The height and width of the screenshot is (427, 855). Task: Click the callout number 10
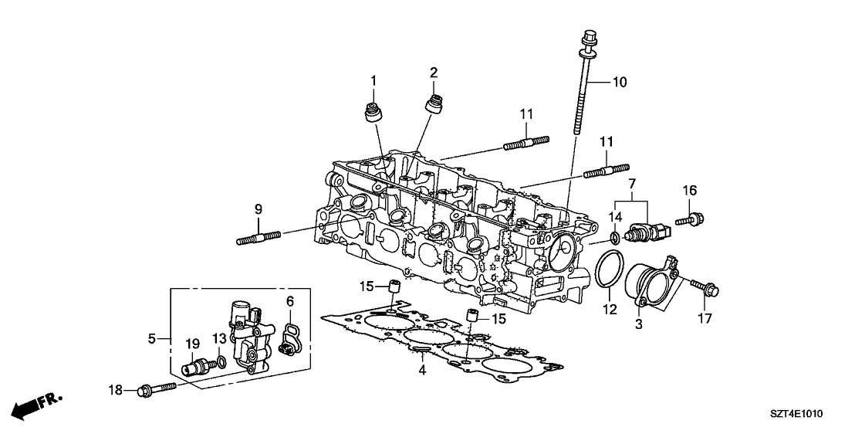click(x=621, y=82)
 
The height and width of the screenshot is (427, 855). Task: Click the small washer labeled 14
click(x=614, y=235)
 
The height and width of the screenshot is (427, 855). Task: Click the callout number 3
click(x=639, y=326)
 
